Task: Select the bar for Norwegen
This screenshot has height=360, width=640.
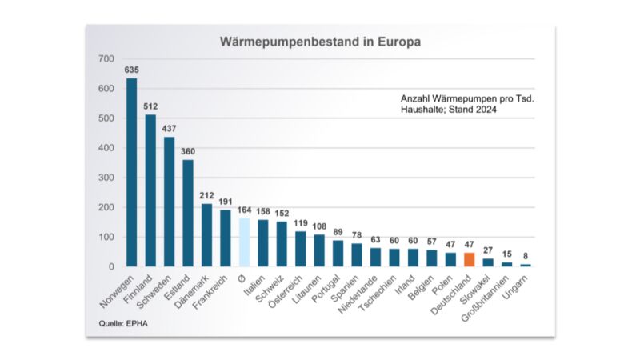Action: (131, 172)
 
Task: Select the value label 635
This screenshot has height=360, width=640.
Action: (131, 70)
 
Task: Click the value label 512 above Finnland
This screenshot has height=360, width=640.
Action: (150, 106)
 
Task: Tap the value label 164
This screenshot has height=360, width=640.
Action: (244, 209)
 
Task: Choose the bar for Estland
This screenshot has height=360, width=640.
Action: (188, 213)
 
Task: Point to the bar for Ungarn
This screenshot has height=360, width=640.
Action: (525, 265)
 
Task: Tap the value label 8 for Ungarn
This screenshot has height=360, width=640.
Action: (525, 255)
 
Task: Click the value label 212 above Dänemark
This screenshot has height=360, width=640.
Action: (206, 194)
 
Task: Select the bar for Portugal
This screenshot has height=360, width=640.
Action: (338, 253)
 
